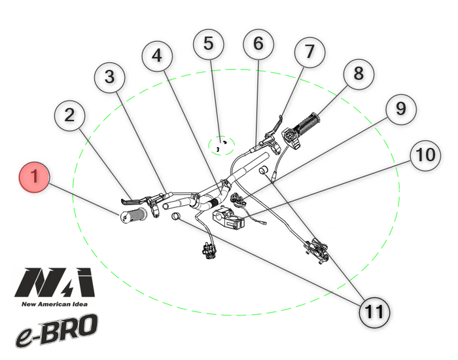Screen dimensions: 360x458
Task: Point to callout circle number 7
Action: point(309,52)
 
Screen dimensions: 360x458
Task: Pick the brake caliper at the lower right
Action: point(316,251)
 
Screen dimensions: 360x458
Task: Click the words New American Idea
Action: point(54,304)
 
